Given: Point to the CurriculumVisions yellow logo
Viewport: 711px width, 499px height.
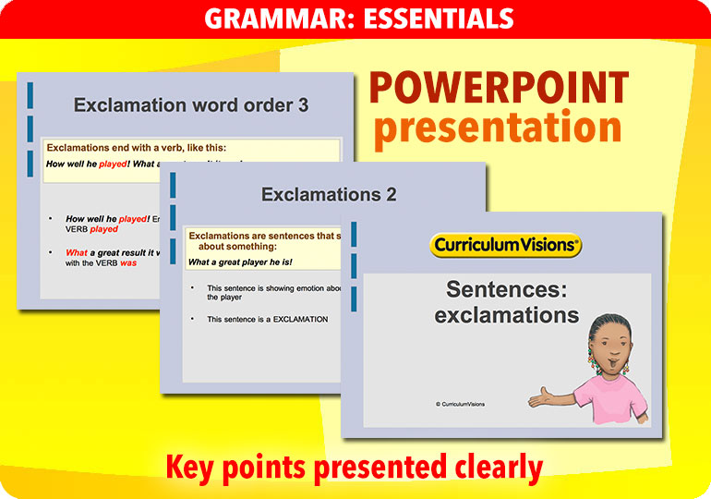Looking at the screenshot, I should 505,246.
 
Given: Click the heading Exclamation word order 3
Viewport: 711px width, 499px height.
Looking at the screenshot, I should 191,105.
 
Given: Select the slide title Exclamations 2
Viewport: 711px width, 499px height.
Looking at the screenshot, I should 329,195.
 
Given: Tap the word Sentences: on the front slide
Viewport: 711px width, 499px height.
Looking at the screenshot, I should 506,289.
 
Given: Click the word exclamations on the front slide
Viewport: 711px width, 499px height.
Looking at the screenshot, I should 506,315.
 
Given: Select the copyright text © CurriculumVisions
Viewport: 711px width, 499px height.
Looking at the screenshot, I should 460,404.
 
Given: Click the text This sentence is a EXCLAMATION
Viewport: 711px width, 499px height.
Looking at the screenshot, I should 267,320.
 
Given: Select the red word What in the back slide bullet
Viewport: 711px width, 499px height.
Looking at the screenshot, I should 76,252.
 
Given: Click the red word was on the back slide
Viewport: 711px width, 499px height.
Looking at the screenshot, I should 127,263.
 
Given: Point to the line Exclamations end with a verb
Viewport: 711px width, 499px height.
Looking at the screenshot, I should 137,148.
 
